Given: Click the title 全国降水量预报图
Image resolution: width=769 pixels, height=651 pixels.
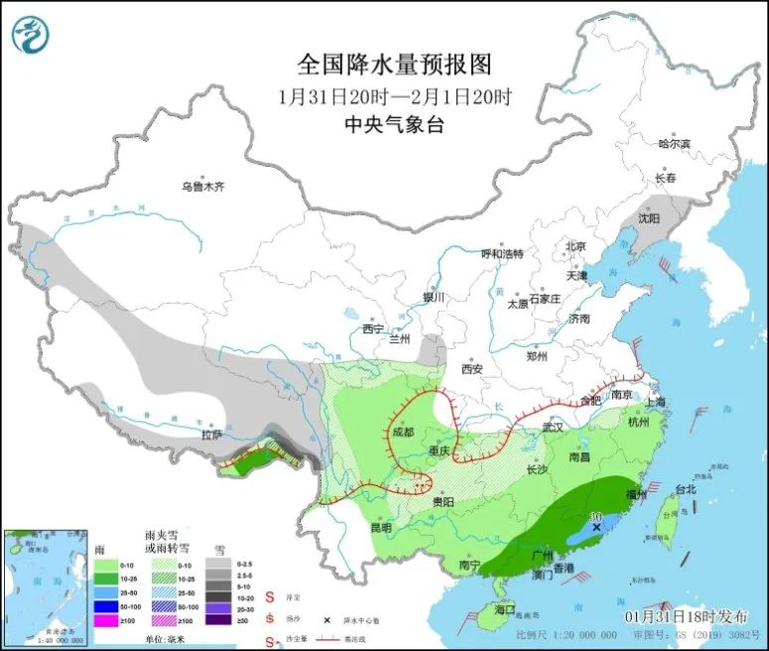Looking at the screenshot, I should (x=394, y=65).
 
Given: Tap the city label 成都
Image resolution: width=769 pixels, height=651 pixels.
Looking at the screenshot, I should (x=399, y=433).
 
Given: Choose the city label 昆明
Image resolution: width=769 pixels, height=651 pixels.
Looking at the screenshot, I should (x=380, y=527).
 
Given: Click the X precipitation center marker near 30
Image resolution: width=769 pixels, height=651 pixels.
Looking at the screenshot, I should (x=595, y=528).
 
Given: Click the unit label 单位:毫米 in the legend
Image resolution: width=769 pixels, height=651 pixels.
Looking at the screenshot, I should (x=171, y=642).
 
